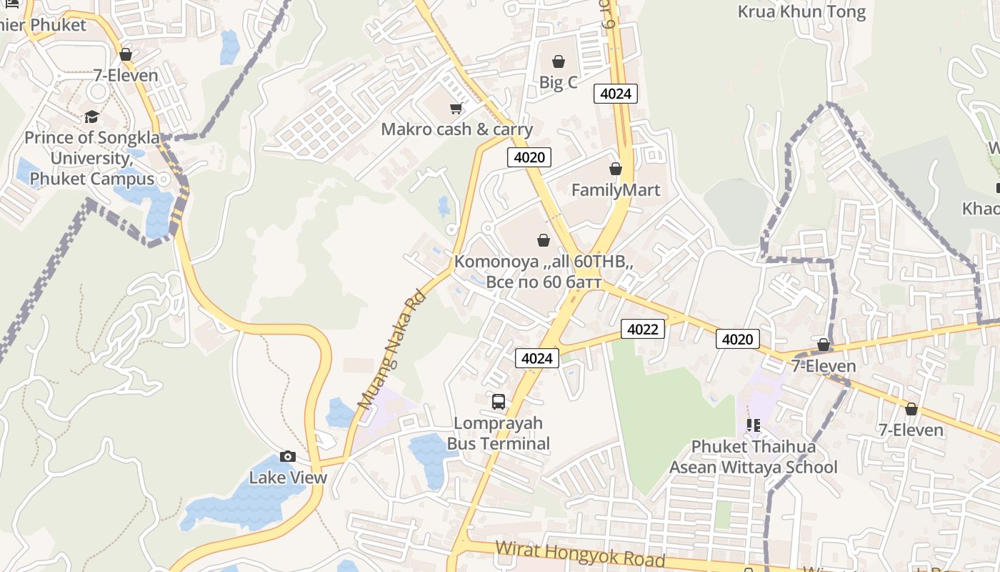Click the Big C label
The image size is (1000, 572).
point(558,83)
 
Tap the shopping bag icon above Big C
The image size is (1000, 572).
point(559,62)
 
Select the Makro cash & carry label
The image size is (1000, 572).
point(456,129)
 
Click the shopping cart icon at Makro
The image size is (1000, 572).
point(456,108)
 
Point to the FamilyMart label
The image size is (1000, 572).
point(616,190)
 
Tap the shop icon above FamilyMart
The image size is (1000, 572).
point(616,169)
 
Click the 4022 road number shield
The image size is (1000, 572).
point(643,329)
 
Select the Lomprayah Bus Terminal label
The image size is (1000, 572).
point(499,433)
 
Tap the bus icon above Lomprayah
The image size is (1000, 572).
point(499,402)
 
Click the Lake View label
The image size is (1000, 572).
point(288,478)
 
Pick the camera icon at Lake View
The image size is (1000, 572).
point(288,456)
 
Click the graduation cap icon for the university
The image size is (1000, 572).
point(91,117)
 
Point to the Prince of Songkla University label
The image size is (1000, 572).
point(92,158)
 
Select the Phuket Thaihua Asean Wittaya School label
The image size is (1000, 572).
point(753,457)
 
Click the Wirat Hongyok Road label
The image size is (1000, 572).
point(580,553)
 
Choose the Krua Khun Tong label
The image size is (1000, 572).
point(801,11)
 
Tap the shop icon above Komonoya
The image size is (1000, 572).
point(544,240)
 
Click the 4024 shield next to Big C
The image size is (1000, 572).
point(615,94)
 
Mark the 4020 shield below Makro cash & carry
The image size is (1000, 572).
point(529,157)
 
